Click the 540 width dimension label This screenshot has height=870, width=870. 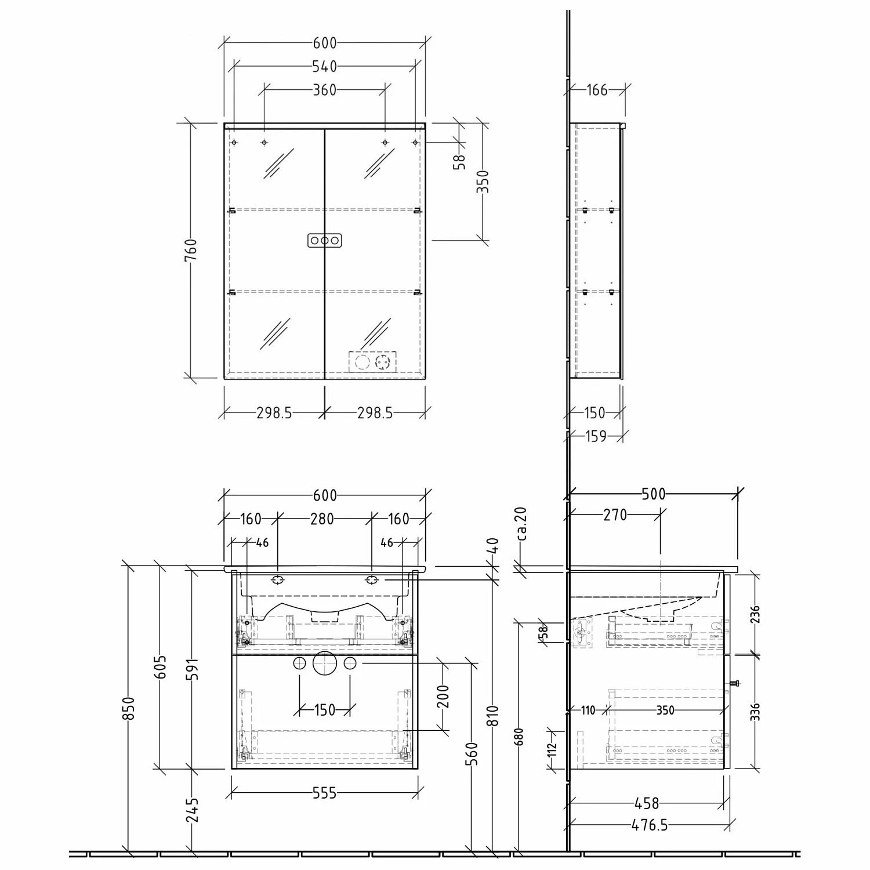coord(325,67)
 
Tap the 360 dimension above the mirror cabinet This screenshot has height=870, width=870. coord(325,90)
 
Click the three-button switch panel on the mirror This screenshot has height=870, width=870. coord(324,240)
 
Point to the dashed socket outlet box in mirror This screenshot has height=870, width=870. coord(373,362)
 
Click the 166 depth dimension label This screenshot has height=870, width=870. coord(597,90)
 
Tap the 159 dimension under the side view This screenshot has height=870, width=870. coord(596,436)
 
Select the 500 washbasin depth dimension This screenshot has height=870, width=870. coord(654,494)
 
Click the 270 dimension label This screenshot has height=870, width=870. coord(615,514)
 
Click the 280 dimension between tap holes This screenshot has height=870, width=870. coord(322,519)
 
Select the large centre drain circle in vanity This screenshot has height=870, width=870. coord(324,664)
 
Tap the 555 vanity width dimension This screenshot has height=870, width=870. coord(324,793)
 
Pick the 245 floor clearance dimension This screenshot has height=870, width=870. coord(193,810)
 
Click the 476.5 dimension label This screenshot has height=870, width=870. coord(650,825)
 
